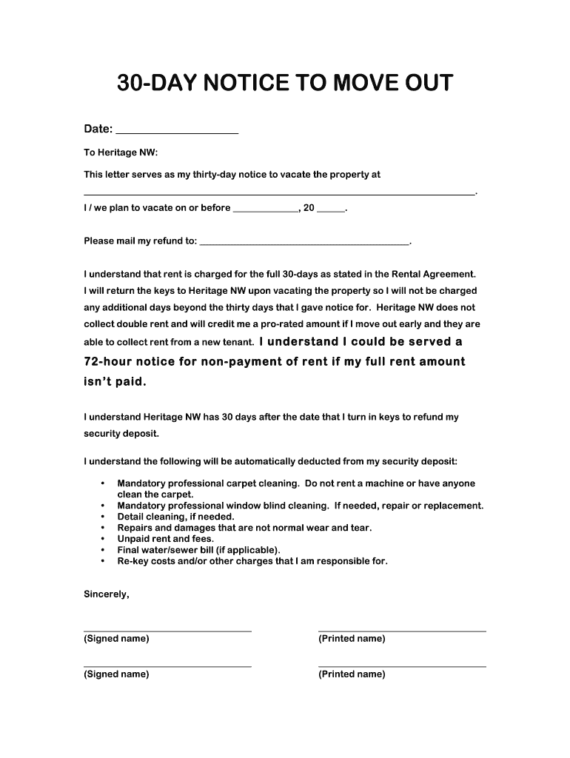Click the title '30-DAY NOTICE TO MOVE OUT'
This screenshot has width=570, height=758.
click(x=284, y=84)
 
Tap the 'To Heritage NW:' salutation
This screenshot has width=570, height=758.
click(x=121, y=152)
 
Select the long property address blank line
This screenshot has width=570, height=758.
click(x=279, y=192)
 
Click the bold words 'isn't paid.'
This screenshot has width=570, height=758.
click(x=115, y=382)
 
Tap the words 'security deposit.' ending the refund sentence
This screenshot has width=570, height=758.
click(x=121, y=433)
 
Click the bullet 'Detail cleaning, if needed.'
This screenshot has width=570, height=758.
click(x=175, y=517)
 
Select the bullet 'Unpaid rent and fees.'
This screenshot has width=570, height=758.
click(x=165, y=539)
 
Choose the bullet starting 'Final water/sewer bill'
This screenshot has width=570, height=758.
click(x=198, y=550)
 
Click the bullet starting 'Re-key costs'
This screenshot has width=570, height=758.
click(x=252, y=561)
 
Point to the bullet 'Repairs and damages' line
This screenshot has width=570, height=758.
click(x=244, y=528)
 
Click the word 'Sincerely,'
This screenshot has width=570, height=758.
click(x=107, y=594)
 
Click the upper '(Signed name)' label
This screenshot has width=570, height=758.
click(x=116, y=639)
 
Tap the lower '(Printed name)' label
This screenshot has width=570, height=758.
click(x=352, y=674)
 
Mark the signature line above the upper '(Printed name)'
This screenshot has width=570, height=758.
click(x=402, y=631)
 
